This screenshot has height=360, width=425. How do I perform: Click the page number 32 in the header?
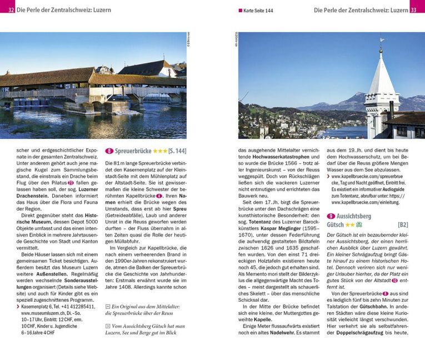click(x=11, y=9)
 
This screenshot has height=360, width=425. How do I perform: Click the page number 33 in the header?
click(x=417, y=9)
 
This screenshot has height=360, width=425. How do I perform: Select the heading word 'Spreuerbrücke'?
click(x=133, y=151)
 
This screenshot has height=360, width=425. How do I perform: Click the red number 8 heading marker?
click(x=109, y=151)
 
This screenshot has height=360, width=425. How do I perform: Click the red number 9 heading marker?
click(x=331, y=216)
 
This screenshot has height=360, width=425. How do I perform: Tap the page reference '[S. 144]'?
click(x=177, y=151)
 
